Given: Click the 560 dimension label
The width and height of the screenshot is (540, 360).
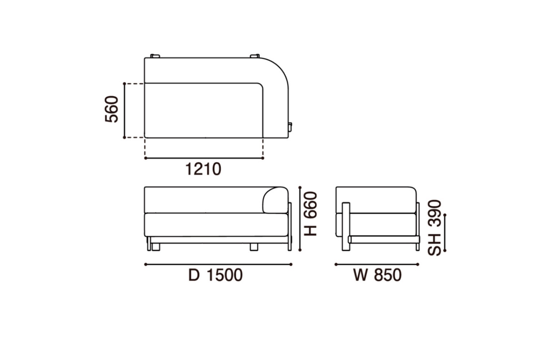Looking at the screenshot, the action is [x=112, y=109].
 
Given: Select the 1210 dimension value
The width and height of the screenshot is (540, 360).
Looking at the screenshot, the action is [x=203, y=169].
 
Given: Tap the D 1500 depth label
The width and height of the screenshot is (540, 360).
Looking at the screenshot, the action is [x=216, y=275].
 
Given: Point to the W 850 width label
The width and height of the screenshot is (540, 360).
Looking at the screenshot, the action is [x=378, y=275].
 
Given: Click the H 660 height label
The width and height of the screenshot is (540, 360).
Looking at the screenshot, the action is [x=310, y=213].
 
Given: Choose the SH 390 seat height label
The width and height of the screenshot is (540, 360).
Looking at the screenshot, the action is [x=434, y=228].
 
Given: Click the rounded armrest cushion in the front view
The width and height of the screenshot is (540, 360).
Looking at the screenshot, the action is [x=275, y=200].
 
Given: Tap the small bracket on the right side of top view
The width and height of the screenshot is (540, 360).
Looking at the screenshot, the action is [x=290, y=127].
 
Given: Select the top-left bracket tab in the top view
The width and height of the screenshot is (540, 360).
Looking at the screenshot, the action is [x=155, y=56].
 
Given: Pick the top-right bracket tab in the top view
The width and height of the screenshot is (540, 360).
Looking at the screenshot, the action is [x=255, y=56].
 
